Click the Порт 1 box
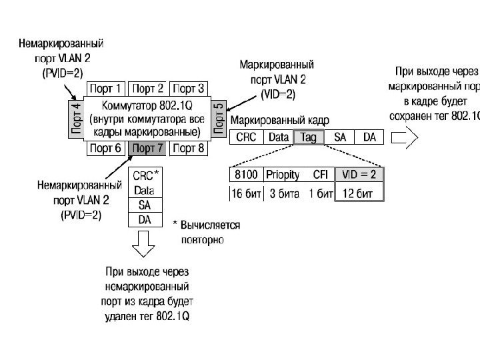(x=107, y=89)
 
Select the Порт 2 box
(x=149, y=89)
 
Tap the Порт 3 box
(x=190, y=89)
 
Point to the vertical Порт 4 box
(x=76, y=118)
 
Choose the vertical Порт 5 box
(x=219, y=118)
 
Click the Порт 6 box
(x=107, y=148)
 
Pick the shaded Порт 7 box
(x=149, y=148)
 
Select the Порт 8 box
(x=190, y=148)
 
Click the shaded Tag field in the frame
(x=308, y=137)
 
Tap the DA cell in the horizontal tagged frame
(x=369, y=137)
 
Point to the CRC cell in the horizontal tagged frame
(x=245, y=137)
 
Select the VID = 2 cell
(x=360, y=175)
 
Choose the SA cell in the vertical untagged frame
(x=144, y=205)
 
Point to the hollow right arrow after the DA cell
(x=404, y=137)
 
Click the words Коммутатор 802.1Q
(x=147, y=105)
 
